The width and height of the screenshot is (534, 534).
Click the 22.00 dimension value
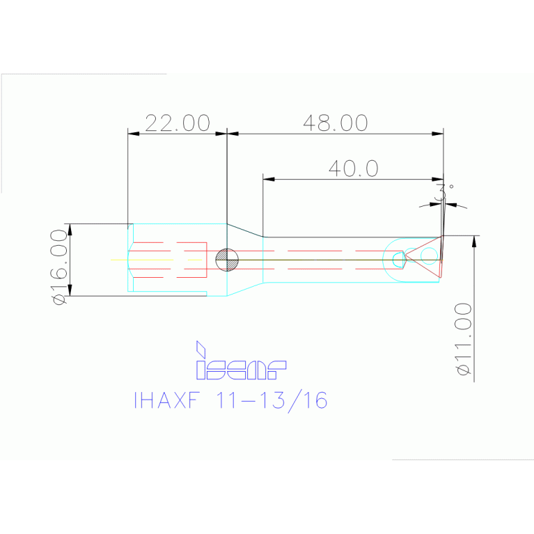coord(177,123)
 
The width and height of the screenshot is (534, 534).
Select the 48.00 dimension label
coord(335,123)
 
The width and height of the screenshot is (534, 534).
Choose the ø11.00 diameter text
coord(464,339)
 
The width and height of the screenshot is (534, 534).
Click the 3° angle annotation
coord(443,191)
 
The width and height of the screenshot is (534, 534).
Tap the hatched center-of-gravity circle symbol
coord(227,260)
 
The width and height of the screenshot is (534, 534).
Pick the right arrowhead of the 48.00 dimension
coord(438,134)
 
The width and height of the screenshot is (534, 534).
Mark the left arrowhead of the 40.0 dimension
coord(269,179)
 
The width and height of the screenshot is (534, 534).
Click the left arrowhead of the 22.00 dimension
coord(133,134)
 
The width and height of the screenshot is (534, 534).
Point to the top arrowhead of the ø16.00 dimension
coord(70,229)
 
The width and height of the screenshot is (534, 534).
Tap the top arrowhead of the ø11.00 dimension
coord(475,241)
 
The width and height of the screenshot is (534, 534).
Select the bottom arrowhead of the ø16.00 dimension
coord(70,290)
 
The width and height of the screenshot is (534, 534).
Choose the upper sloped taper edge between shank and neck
coord(245,230)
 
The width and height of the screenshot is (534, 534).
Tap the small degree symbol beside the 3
coord(451,187)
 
